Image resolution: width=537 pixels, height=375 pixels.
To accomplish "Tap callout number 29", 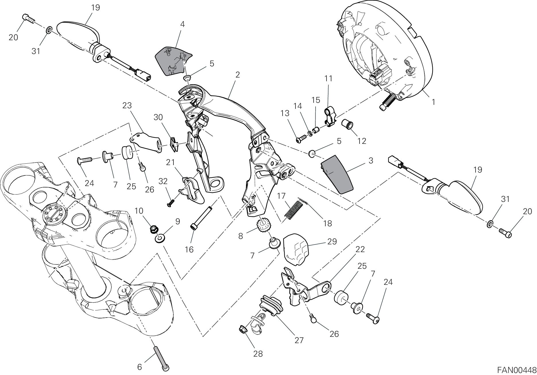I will (332, 241).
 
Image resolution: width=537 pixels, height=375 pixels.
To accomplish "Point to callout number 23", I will (127, 105).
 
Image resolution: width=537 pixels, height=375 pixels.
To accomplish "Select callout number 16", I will (189, 250).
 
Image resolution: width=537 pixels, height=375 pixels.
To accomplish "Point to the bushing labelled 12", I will (348, 125).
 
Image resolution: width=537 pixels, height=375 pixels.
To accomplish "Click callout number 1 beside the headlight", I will (433, 102).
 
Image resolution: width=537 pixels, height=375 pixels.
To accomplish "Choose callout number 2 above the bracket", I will (237, 75).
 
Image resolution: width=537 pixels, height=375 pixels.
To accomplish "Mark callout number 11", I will (328, 78).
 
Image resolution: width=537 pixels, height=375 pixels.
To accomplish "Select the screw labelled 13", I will (300, 140).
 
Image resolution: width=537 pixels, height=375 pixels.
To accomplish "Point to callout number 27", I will (299, 340).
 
